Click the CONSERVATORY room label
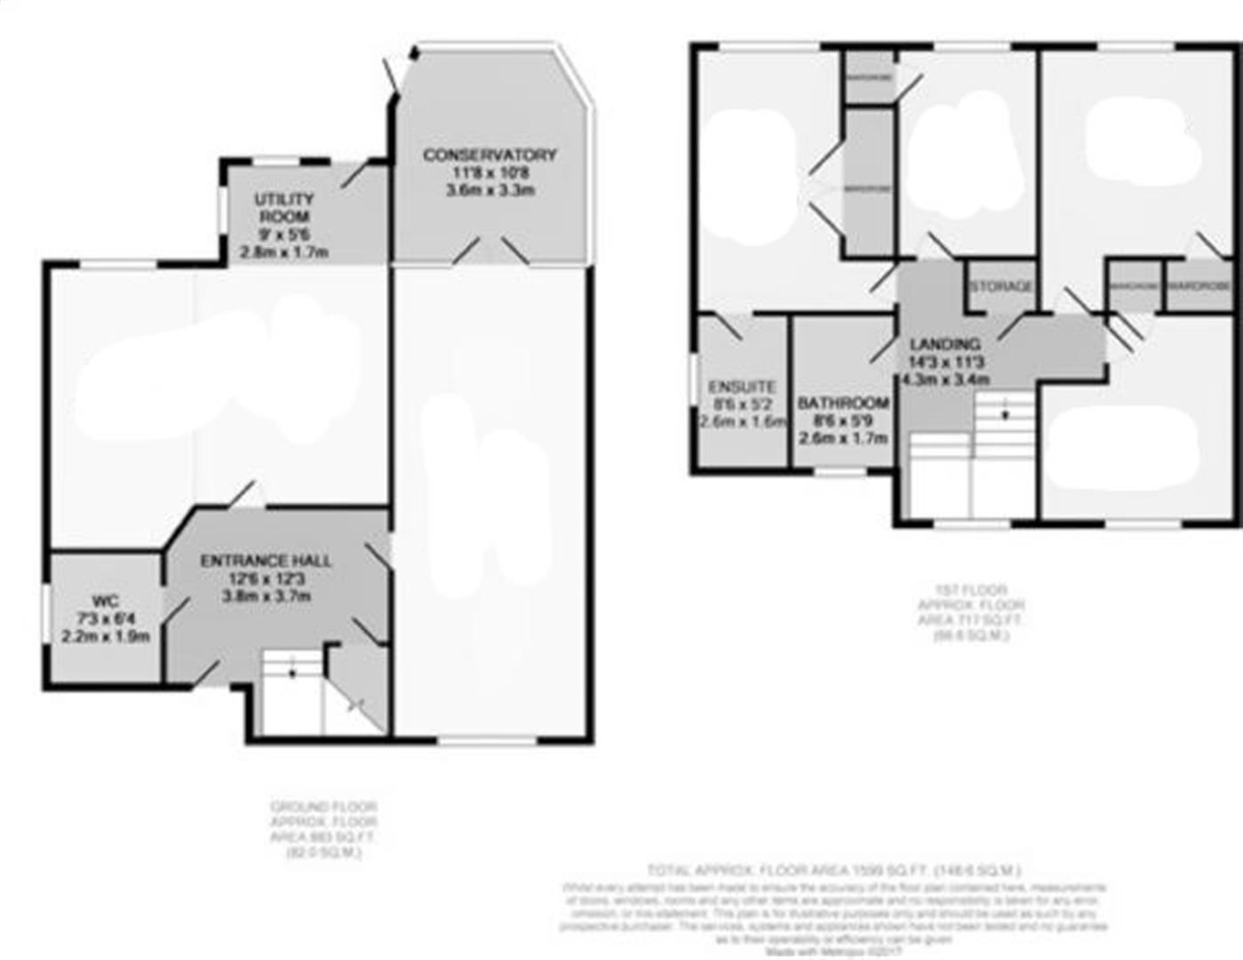click(x=490, y=155)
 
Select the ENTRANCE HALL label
click(x=266, y=561)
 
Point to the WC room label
click(x=105, y=602)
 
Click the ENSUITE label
click(x=742, y=387)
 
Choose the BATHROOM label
click(x=843, y=403)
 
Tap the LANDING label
click(x=944, y=344)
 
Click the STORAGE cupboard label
click(x=1001, y=286)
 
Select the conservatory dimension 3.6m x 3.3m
click(x=490, y=190)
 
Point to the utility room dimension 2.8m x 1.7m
click(x=284, y=252)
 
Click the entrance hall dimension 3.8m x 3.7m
click(x=266, y=596)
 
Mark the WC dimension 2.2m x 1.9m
click(x=105, y=636)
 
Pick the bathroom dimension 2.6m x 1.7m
click(x=843, y=437)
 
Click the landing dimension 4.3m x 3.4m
click(x=944, y=380)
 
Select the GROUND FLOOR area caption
click(x=323, y=829)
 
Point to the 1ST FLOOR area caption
click(x=970, y=612)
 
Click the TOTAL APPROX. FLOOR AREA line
click(x=834, y=870)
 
